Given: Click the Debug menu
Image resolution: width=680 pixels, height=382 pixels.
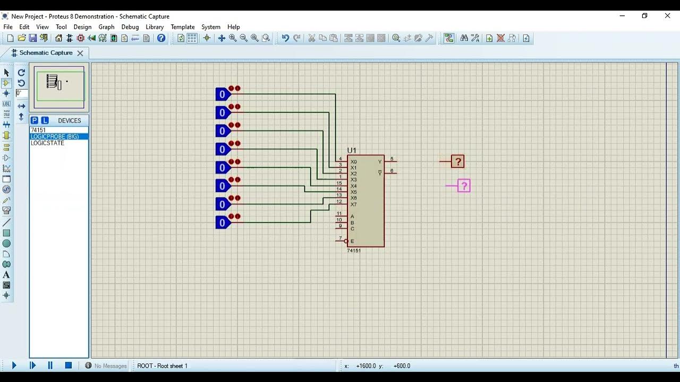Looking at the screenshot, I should (x=130, y=27).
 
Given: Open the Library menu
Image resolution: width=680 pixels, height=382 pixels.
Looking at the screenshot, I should (x=155, y=27).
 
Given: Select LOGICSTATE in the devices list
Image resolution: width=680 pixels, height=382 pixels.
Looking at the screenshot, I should (x=47, y=143).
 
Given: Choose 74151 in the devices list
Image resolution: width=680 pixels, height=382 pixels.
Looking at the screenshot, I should (x=38, y=130).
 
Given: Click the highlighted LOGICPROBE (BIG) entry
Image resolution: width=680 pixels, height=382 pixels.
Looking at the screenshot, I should (x=55, y=137).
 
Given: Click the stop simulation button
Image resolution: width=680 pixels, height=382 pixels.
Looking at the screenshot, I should (x=68, y=366).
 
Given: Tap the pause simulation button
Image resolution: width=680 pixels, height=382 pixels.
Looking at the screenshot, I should (x=50, y=366).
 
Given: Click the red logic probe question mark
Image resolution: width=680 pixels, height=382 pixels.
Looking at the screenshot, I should (x=458, y=162).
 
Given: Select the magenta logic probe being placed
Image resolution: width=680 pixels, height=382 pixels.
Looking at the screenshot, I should (x=464, y=186).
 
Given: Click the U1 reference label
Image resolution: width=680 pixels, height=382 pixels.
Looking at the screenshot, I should (x=352, y=151).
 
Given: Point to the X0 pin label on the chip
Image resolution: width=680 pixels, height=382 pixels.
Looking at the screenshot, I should (x=354, y=162).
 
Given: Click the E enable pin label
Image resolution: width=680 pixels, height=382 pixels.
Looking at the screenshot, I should (x=352, y=241).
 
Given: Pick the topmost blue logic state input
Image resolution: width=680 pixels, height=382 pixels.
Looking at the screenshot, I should (x=223, y=94).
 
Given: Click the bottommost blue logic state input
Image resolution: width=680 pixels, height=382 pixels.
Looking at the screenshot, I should (x=223, y=223).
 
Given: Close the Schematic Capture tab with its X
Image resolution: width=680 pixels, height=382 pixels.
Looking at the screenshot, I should (x=80, y=53).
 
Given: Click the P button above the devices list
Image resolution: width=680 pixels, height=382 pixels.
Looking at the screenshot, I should (x=35, y=120).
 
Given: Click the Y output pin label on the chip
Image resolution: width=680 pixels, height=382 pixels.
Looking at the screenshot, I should (x=379, y=162).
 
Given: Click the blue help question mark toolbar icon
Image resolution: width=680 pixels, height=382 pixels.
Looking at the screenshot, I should (x=161, y=38).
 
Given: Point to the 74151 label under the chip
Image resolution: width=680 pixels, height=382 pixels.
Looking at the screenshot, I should (x=354, y=250).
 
